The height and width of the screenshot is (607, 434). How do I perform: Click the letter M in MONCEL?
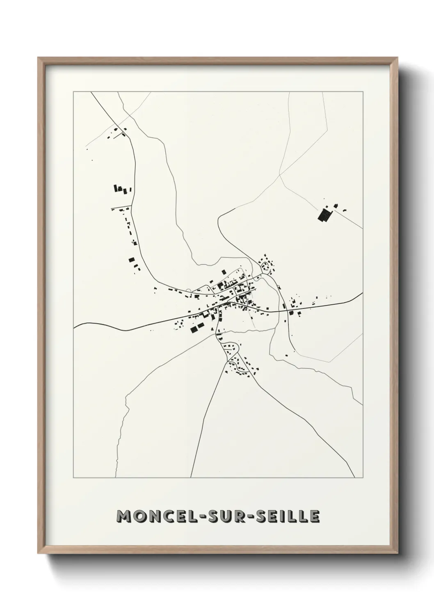[123, 516]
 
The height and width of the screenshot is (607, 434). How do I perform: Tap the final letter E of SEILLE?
[314, 516]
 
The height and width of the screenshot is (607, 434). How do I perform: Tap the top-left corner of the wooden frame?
[38, 58]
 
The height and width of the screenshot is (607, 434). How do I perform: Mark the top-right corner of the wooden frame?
[398, 58]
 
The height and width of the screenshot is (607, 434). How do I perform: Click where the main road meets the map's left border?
[74, 326]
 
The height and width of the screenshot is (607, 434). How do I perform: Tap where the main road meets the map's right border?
[363, 294]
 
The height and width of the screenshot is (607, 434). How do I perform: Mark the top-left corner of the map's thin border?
[73, 92]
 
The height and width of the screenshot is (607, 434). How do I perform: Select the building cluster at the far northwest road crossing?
[116, 133]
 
